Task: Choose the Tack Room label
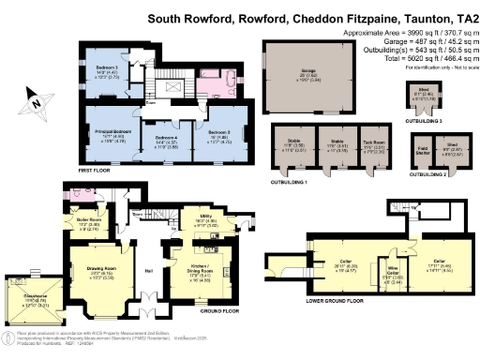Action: [373, 144]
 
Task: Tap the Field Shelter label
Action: [424, 148]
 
